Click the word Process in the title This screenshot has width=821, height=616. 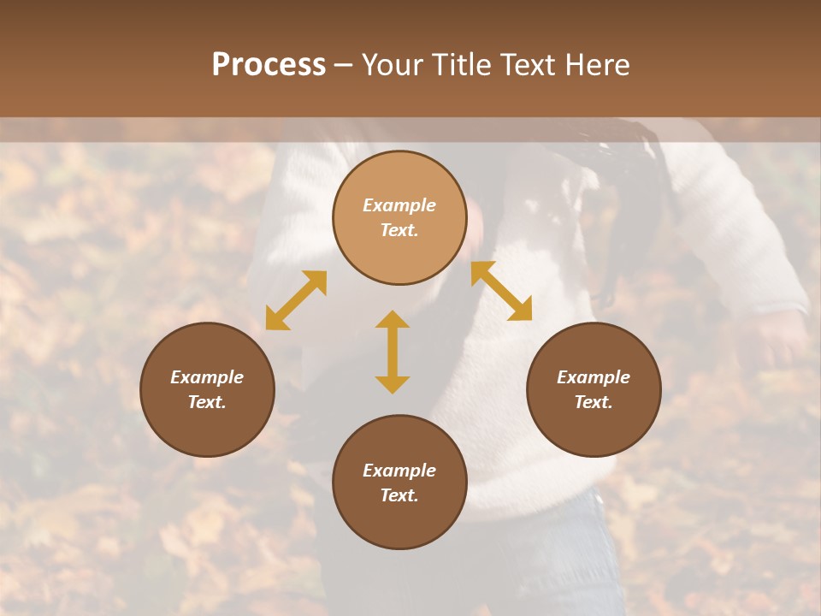coord(269,65)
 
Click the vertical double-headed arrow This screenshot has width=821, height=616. coord(393,352)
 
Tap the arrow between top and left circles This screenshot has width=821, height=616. coord(296,300)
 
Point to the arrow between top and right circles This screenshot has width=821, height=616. coord(501,291)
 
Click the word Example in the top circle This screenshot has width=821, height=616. coord(399,205)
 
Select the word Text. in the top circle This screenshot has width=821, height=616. coord(399,230)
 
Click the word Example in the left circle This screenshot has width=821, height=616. coord(207,377)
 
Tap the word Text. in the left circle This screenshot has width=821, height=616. coord(207,402)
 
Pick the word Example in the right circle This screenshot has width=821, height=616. coord(594,377)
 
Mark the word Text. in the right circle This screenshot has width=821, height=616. coord(594,402)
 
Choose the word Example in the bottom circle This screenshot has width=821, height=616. coord(399,471)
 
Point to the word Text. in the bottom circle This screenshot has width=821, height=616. coord(399,495)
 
